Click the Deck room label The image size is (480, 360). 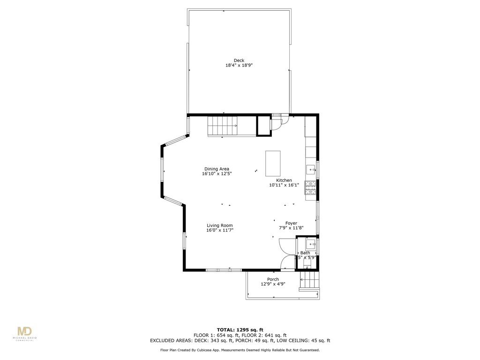point(239,60)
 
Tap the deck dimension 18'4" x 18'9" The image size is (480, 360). point(239,66)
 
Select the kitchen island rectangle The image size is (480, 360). point(273,163)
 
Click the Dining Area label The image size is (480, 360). point(217,169)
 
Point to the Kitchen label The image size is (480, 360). point(284,180)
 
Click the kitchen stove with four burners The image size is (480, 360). point(310,187)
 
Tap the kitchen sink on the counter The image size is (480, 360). point(311,168)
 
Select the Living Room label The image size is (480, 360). point(219,225)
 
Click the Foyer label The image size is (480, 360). point(291,223)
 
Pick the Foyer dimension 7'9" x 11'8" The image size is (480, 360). point(291,228)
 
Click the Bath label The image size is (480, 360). point(305,253)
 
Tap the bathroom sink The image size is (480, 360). point(311,244)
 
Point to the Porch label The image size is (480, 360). point(273,279)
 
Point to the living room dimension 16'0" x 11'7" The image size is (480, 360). point(219,231)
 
